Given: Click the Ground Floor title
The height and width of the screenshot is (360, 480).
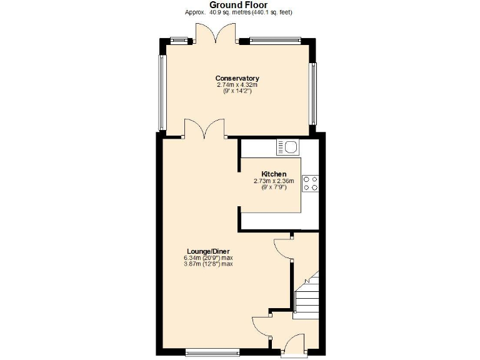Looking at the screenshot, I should (238, 5).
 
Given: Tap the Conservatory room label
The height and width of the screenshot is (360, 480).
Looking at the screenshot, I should (237, 78).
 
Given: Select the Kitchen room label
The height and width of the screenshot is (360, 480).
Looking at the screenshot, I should (274, 174).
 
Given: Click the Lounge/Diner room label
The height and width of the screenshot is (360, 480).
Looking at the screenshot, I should (208, 251).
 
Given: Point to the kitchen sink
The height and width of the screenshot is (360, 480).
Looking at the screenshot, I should (289, 147).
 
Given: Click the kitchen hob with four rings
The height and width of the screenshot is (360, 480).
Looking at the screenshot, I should (310, 182).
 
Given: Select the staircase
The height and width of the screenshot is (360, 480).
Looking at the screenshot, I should (306, 297).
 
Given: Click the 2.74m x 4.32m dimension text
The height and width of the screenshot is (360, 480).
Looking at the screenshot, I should (237, 84).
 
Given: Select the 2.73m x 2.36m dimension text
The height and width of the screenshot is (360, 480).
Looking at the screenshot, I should (274, 181).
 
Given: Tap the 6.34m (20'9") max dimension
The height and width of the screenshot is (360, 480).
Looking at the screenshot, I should (208, 257).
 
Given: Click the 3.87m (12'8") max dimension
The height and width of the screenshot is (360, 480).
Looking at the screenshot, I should (208, 264).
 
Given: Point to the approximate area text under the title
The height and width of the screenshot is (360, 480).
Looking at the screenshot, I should (238, 12).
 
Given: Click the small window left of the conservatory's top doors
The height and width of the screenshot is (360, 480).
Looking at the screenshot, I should (180, 41).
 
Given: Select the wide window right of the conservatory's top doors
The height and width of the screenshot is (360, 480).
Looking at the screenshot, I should (275, 41).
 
